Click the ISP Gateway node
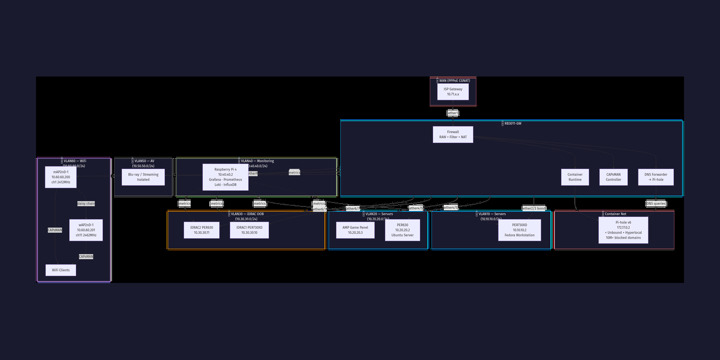tap(453, 92)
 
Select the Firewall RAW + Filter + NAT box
tap(453, 134)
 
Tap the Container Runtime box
tap(575, 177)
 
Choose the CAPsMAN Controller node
tap(613, 177)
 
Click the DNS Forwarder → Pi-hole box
tap(656, 177)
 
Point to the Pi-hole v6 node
tap(623, 230)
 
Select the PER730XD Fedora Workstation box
tap(519, 230)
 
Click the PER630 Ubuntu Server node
tap(402, 230)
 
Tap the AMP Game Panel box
tap(355, 230)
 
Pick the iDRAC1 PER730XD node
tap(249, 230)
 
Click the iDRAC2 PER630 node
tap(201, 230)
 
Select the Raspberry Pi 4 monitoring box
tap(225, 177)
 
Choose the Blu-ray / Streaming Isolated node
tap(143, 177)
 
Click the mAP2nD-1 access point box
tap(61, 177)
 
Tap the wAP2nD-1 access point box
tap(85, 230)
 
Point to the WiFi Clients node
tap(61, 270)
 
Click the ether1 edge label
tap(453, 113)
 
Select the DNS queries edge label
tap(656, 204)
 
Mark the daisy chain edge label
tap(85, 204)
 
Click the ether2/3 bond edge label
tap(534, 209)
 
